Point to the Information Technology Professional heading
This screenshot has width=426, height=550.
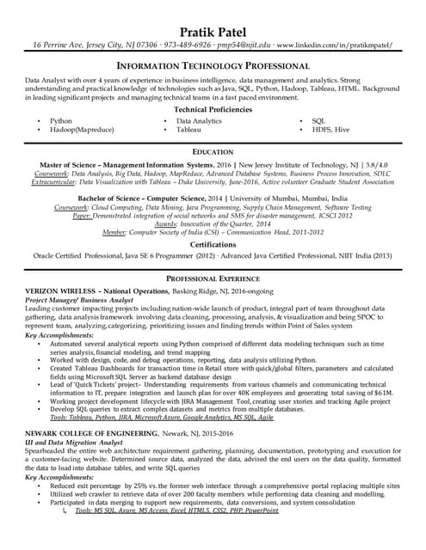(213, 64)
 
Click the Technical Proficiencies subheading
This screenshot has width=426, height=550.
(213, 110)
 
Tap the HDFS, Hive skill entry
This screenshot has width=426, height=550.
(330, 130)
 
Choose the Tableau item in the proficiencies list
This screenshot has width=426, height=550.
(188, 130)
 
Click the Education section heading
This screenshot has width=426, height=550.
(213, 151)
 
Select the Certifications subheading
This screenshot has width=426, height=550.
(213, 244)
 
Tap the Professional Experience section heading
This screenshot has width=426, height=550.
(213, 279)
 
